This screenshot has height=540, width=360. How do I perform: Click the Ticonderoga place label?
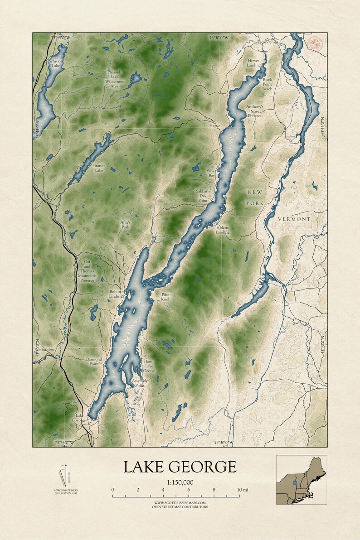268,42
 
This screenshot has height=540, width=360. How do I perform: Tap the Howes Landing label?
254,63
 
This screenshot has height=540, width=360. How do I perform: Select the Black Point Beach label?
268,84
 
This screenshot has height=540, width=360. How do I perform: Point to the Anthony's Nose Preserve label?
254,111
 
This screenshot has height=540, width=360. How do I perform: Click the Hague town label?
214,125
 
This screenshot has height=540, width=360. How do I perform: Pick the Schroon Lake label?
55,63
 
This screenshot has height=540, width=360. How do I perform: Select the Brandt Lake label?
99,168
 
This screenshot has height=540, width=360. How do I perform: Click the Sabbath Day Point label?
202,196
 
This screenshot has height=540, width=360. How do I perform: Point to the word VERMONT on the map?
294,219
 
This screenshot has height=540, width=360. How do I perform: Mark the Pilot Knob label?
166,297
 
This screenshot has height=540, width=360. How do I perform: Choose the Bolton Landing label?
115,294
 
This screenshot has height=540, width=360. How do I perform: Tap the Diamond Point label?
94,362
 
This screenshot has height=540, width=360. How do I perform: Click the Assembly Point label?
140,383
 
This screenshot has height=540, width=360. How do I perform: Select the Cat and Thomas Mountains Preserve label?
87,271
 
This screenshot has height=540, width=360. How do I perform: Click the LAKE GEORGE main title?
180,467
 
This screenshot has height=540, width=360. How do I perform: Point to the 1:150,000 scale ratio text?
180,482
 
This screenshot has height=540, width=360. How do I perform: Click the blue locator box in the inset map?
295,483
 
